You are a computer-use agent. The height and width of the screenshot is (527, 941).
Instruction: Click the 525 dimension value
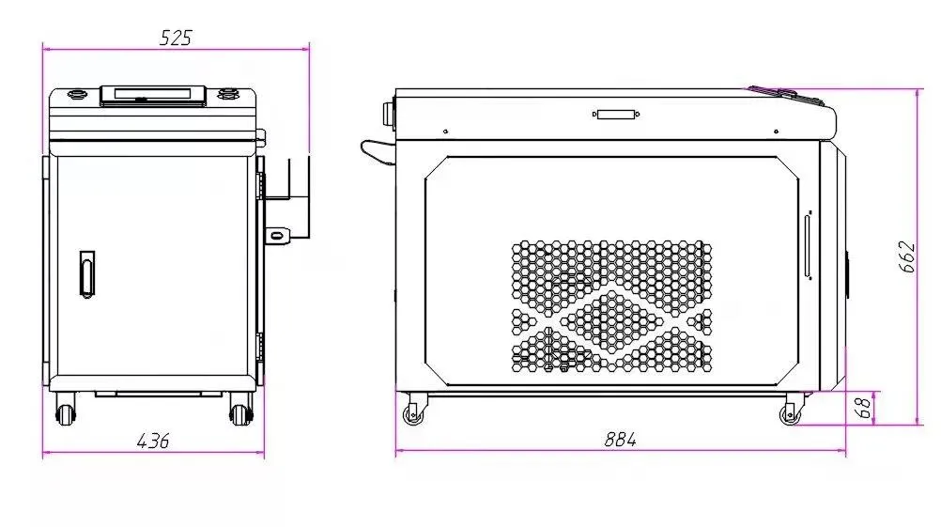(x=176, y=38)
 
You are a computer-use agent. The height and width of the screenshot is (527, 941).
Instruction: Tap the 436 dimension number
(x=153, y=442)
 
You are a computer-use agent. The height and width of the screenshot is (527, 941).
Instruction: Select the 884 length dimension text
(x=620, y=440)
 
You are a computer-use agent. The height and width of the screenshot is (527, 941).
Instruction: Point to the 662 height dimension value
(x=907, y=256)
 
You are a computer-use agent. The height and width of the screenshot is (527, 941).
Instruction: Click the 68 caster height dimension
(x=862, y=408)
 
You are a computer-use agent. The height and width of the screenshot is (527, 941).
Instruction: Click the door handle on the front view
(x=87, y=274)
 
